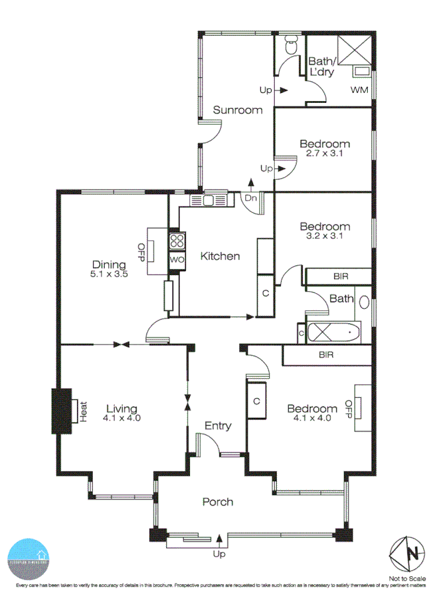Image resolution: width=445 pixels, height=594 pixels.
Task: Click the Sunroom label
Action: click(x=237, y=110)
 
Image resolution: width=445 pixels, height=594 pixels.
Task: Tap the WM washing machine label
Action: click(x=359, y=89)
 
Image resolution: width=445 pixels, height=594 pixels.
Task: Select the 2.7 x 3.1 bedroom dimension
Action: click(x=324, y=153)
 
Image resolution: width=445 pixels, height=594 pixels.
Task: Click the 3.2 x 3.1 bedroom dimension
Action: click(x=324, y=236)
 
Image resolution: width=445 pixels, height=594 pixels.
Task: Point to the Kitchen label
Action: click(x=220, y=256)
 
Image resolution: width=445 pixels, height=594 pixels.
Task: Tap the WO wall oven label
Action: click(x=176, y=260)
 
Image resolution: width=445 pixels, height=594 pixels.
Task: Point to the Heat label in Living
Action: click(x=84, y=410)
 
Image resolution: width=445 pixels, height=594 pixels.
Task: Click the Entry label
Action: click(x=218, y=426)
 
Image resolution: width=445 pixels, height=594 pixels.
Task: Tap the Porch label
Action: click(x=217, y=502)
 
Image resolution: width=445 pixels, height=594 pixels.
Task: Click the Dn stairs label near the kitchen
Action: click(x=251, y=197)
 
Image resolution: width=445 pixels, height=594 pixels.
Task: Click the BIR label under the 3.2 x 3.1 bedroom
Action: click(x=341, y=276)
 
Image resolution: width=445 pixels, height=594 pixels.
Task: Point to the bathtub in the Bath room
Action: click(x=334, y=332)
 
